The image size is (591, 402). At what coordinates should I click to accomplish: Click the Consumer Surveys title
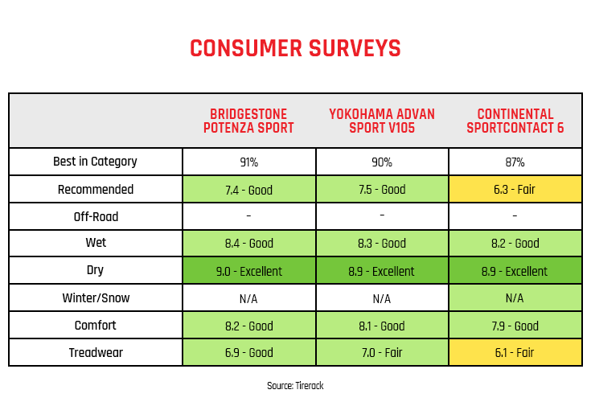click(295, 48)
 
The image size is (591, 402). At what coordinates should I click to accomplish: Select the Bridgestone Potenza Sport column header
click(248, 121)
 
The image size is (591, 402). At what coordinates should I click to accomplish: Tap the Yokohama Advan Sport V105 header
click(382, 121)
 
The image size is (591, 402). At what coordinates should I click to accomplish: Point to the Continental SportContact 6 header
click(515, 121)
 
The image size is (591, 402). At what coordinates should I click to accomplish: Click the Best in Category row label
click(95, 162)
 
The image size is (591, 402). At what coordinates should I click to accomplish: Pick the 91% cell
click(249, 162)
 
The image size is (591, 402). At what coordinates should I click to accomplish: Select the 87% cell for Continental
click(515, 162)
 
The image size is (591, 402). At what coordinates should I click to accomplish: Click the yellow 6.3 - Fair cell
click(515, 189)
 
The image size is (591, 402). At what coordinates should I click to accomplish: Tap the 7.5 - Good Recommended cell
click(382, 189)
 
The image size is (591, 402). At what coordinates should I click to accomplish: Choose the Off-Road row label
click(96, 216)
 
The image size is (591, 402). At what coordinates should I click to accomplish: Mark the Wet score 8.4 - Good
click(248, 244)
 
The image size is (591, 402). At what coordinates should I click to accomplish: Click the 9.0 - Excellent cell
click(248, 271)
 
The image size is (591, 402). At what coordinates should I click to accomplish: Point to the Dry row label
click(95, 270)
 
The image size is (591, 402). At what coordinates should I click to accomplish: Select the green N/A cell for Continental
click(515, 298)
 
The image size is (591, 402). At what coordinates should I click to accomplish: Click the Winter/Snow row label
click(96, 298)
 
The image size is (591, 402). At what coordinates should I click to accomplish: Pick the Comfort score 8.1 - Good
click(382, 326)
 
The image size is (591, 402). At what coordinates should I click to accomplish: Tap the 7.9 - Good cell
click(515, 326)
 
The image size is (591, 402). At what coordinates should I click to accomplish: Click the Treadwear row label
click(96, 353)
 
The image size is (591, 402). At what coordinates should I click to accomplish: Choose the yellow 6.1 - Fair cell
click(515, 353)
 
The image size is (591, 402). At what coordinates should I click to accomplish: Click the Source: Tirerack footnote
click(295, 385)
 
